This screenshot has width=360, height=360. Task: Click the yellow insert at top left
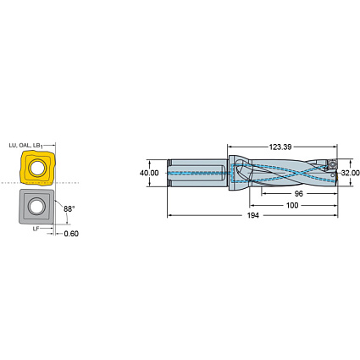36,169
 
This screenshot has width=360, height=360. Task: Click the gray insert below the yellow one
36,206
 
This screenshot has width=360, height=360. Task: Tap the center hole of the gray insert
36,206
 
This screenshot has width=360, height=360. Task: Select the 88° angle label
68,208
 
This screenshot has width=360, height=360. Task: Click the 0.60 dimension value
71,235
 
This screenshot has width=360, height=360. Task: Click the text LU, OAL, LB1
25,145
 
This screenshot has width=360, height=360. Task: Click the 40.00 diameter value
149,173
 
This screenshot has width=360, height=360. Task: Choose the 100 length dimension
292,205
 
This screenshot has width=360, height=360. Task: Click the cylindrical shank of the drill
199,173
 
